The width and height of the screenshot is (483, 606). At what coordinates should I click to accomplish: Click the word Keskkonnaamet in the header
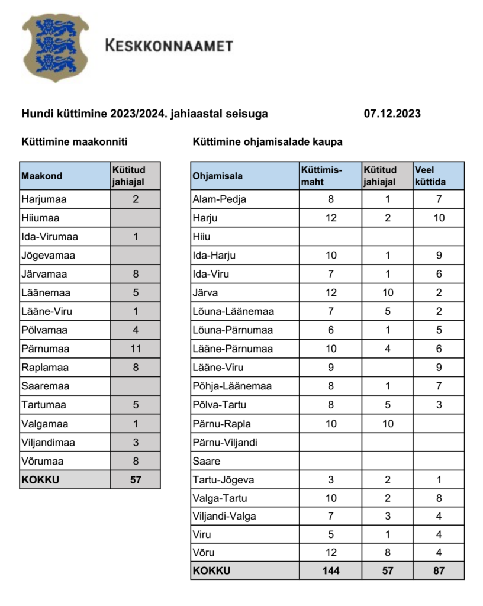click(x=169, y=46)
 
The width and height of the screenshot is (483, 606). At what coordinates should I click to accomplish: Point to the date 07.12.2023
click(x=392, y=114)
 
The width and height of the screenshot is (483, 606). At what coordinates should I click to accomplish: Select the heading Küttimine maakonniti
click(x=75, y=142)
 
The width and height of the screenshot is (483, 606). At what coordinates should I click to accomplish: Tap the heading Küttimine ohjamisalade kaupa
click(x=268, y=142)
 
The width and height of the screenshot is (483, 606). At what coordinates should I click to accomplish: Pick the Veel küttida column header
click(x=430, y=176)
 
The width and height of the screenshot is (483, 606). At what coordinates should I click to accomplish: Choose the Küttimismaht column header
click(x=321, y=176)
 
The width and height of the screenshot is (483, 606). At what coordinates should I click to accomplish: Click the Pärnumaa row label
click(x=45, y=349)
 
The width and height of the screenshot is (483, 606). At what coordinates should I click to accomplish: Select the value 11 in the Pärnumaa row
click(x=135, y=349)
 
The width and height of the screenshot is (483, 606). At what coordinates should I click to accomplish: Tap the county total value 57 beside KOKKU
click(x=136, y=479)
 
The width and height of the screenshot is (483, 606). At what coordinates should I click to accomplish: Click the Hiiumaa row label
click(x=40, y=218)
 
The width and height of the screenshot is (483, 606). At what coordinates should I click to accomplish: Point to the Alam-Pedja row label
click(x=220, y=199)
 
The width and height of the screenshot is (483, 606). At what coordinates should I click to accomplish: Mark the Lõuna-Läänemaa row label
click(x=233, y=311)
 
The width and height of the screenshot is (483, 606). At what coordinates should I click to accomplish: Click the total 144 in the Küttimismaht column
click(x=330, y=571)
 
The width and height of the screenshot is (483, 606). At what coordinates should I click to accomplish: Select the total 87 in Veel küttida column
click(x=439, y=571)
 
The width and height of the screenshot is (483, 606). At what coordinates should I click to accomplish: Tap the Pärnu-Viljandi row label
click(x=225, y=442)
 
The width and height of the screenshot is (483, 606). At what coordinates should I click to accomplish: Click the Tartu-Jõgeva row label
click(x=223, y=480)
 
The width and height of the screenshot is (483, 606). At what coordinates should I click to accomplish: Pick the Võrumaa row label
click(x=43, y=461)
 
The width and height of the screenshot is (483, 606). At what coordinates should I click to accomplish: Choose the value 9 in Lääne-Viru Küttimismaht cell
click(x=330, y=368)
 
